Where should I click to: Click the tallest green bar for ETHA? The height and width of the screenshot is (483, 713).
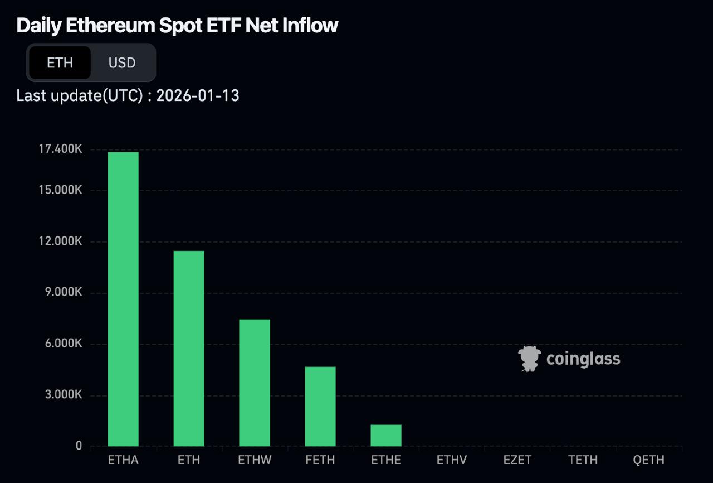pyautogui.click(x=123, y=299)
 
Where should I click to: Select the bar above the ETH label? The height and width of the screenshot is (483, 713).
pyautogui.click(x=189, y=349)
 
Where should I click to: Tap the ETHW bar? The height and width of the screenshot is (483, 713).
pyautogui.click(x=255, y=383)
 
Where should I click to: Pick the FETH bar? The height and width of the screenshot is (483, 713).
pyautogui.click(x=320, y=406)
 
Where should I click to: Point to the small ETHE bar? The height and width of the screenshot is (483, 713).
pyautogui.click(x=386, y=436)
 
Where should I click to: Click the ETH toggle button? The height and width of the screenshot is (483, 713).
pyautogui.click(x=60, y=62)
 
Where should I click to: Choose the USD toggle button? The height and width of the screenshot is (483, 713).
pyautogui.click(x=122, y=62)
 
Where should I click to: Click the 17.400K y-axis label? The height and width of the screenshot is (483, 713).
pyautogui.click(x=61, y=149)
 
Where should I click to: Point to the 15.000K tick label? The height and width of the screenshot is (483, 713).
pyautogui.click(x=61, y=190)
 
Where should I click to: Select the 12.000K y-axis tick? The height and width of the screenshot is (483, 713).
pyautogui.click(x=61, y=241)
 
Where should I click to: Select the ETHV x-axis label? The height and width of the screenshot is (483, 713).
pyautogui.click(x=452, y=460)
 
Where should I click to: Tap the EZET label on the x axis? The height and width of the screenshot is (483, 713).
pyautogui.click(x=517, y=460)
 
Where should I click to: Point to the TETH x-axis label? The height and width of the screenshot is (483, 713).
pyautogui.click(x=583, y=460)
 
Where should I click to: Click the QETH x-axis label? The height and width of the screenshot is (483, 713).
pyautogui.click(x=649, y=460)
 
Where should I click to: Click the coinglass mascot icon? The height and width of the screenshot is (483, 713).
pyautogui.click(x=529, y=359)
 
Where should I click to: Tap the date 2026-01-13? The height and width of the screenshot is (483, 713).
pyautogui.click(x=198, y=96)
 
